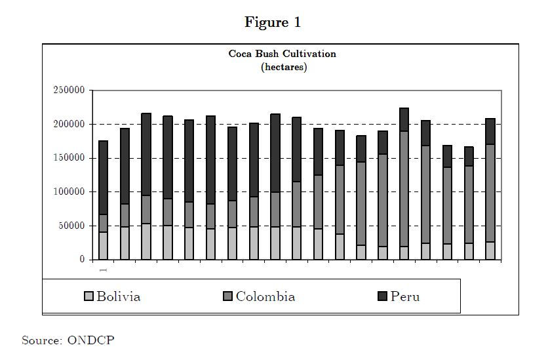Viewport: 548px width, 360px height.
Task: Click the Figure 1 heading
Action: [x=273, y=22]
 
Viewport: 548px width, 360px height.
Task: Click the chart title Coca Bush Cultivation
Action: [x=282, y=54]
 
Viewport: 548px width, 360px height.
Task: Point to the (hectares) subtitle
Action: [x=283, y=67]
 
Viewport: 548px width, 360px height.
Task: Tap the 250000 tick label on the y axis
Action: [x=69, y=90]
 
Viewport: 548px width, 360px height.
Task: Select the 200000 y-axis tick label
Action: [x=69, y=125]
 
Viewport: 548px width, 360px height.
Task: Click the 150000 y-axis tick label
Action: [x=69, y=158]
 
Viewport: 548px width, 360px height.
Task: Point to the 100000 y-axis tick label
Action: [x=69, y=192]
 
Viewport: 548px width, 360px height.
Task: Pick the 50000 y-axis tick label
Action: [x=71, y=226]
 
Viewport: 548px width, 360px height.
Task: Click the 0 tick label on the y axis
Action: [x=83, y=260]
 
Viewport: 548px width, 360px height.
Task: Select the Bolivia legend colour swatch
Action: [x=88, y=297]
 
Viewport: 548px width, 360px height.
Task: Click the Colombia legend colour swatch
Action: [x=227, y=297]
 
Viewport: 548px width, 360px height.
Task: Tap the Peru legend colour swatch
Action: [x=382, y=297]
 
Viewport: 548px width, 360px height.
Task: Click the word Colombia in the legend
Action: [x=265, y=296]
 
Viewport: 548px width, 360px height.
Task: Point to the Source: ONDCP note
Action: [x=63, y=340]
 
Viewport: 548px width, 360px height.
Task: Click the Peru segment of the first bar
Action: [x=103, y=177]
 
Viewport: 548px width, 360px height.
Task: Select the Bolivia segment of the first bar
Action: [x=103, y=246]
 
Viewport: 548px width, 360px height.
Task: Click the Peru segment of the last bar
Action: [x=490, y=131]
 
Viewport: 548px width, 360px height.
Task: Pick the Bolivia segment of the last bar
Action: [x=490, y=250]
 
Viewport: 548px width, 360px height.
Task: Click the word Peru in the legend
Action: [x=405, y=296]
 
